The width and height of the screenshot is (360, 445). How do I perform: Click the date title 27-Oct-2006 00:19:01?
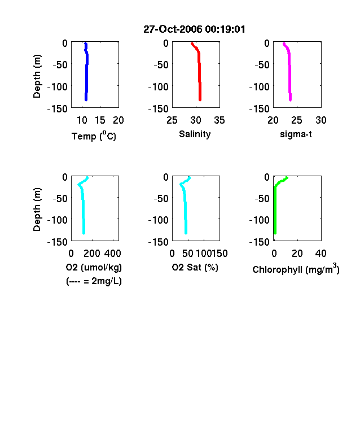coord(194,29)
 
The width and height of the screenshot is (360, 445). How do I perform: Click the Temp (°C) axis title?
coord(94,136)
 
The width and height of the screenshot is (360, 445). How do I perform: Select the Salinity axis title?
coord(195,134)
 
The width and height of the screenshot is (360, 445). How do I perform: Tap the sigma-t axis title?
coord(296,134)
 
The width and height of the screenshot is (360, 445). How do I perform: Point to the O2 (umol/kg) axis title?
coord(94,267)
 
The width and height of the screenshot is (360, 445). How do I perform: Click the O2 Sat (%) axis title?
coord(195,267)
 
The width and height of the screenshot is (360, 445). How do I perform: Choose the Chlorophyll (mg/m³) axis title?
coord(296,269)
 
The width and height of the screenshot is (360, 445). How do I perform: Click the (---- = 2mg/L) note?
coord(94,281)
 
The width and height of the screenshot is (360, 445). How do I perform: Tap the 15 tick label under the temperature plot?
coord(100,120)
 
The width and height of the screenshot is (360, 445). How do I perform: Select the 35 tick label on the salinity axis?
coord(219,120)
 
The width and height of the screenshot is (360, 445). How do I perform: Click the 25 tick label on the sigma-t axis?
coord(297,120)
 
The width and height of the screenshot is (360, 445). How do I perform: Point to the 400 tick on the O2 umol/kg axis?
coord(113,254)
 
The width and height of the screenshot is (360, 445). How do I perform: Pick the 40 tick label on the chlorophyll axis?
coord(321,254)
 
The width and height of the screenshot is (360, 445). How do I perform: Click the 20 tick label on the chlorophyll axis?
coord(297,254)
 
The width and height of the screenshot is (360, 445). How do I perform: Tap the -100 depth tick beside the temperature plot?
coord(58,86)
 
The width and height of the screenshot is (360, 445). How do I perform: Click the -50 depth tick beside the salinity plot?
coord(161,65)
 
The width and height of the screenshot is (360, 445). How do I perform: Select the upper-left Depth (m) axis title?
coord(37,76)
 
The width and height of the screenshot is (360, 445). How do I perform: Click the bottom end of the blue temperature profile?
coord(86,100)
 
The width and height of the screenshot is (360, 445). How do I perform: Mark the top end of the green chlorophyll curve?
coord(287,178)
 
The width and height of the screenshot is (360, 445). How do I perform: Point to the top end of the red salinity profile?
coord(192,43)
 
